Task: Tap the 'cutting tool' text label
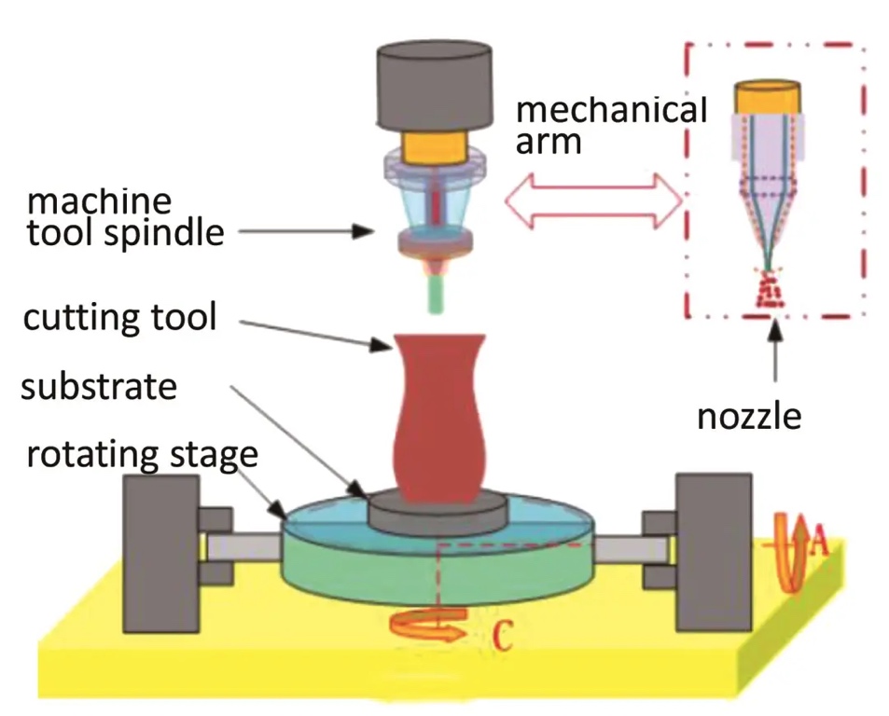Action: (119, 317)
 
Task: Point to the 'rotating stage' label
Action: (141, 456)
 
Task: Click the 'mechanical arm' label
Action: (611, 125)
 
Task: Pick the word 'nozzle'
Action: (749, 416)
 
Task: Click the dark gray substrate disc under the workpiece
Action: (438, 509)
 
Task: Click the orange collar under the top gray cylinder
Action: (435, 147)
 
